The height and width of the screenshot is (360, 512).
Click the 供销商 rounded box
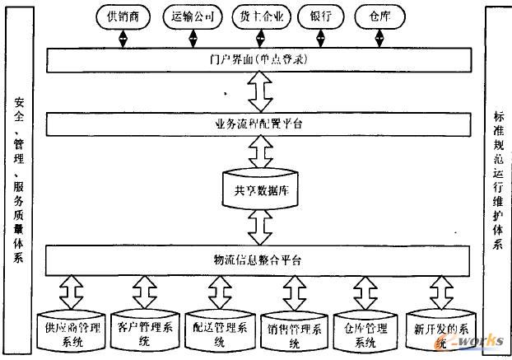pyautogui.click(x=121, y=16)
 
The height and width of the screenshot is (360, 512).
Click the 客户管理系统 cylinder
pyautogui.click(x=145, y=331)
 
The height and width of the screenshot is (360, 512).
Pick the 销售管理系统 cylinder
pyautogui.click(x=294, y=331)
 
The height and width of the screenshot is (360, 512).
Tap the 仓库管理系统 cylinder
pyautogui.click(x=365, y=331)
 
